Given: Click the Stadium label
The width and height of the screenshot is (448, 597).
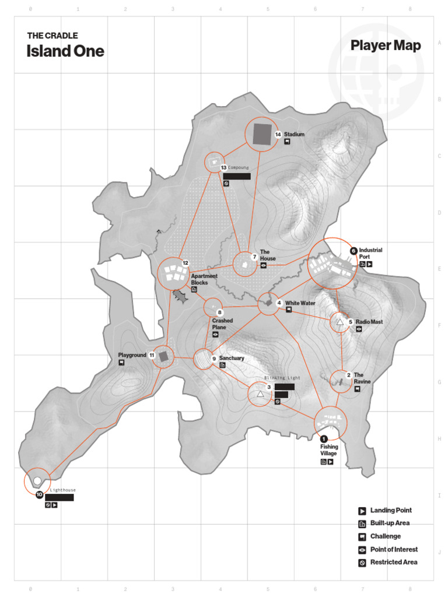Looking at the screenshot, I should tap(295, 134).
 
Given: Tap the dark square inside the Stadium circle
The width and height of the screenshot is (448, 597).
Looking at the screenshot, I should tap(262, 134).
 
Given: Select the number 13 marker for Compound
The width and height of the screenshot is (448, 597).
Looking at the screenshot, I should tap(223, 168).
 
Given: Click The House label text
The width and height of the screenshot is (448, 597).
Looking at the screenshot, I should tap(268, 255).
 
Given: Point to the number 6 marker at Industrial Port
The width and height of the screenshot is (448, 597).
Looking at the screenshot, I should tap(353, 251).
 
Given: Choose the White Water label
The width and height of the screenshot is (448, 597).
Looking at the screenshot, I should tap(300, 303).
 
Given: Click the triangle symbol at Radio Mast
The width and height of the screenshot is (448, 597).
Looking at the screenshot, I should tap(340, 321).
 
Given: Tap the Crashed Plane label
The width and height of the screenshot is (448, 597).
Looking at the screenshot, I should tap(222, 324).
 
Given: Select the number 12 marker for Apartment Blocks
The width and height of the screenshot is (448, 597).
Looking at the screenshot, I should tap(185, 263).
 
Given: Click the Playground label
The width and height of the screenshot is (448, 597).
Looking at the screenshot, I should tap(132, 355).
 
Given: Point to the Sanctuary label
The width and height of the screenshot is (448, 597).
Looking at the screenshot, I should tap(232, 358).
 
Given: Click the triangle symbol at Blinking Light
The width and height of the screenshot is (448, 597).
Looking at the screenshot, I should tap(260, 394).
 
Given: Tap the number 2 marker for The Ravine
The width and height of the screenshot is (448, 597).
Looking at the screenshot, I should tap(348, 375).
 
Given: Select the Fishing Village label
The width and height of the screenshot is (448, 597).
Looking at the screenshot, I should tap(328, 450).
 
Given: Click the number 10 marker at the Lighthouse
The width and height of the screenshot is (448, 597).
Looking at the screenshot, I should tap(39, 494).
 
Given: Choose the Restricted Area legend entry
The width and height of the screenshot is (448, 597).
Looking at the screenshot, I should tap(393, 562).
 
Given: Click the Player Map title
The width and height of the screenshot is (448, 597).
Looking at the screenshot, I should tap(386, 46).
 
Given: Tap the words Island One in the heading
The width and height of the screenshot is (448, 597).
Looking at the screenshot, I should tap(65, 51).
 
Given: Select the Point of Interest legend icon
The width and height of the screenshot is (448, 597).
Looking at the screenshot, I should tap(362, 550).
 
